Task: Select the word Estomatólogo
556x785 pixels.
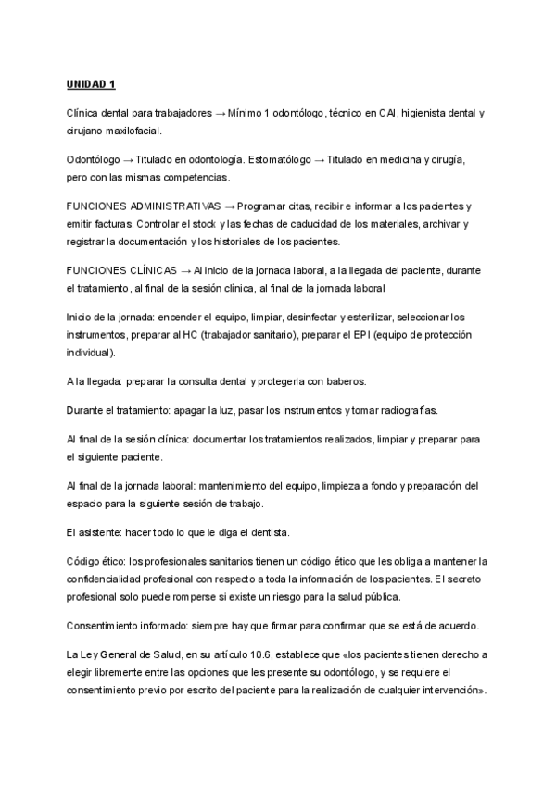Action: coord(276,159)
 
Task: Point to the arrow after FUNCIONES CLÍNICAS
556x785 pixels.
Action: coord(186,270)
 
